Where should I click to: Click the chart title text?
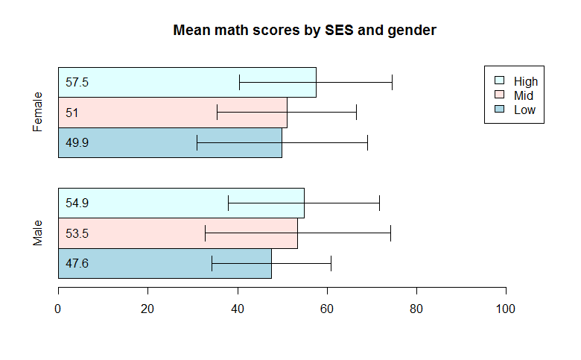click(x=304, y=31)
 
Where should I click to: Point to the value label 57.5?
click(x=77, y=82)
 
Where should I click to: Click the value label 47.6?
click(x=77, y=263)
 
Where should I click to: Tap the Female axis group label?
click(x=37, y=113)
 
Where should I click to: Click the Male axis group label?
click(x=37, y=233)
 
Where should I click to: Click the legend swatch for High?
click(x=500, y=80)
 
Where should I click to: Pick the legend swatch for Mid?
click(x=500, y=95)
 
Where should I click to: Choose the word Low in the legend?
click(x=524, y=110)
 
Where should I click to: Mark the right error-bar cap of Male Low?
click(x=331, y=263)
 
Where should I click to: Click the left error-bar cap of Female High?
click(x=239, y=82)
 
